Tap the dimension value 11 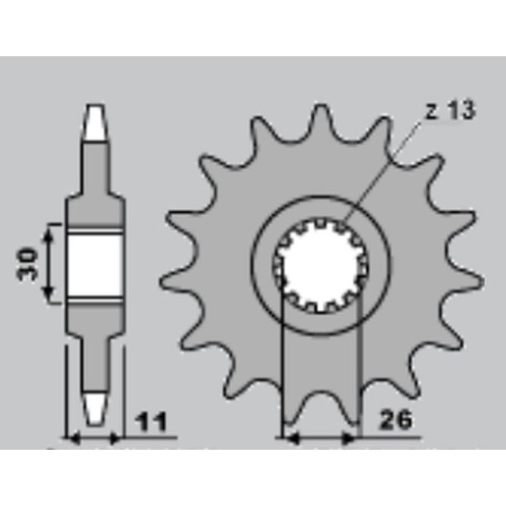(150, 421)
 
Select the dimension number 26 (395, 419)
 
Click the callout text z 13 (450, 112)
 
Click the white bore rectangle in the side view (95, 263)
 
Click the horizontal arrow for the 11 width (94, 436)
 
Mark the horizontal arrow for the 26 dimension (319, 436)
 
